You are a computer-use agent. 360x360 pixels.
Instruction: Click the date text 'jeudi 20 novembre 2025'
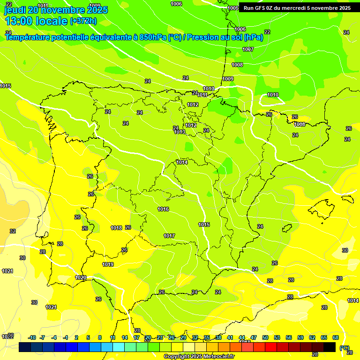coord(56,10)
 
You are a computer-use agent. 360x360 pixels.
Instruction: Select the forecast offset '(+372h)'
coord(83,21)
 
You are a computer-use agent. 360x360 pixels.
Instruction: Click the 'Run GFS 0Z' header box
coord(297,8)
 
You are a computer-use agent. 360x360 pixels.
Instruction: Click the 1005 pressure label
coord(233,8)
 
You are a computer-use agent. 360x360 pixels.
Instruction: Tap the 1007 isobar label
coord(248,49)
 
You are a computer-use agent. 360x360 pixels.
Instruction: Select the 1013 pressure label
coord(180,132)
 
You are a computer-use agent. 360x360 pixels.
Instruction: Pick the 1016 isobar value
coord(163,209)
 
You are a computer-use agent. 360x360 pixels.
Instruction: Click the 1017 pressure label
coord(169,236)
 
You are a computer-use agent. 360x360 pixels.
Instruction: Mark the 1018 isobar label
coord(116,228)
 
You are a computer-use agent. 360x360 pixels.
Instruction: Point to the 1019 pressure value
coord(108,264)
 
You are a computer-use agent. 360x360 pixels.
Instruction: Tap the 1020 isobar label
coord(81,277)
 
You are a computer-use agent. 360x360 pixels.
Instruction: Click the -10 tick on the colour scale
coord(32,337)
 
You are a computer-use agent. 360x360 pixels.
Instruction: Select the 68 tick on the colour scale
coord(336,337)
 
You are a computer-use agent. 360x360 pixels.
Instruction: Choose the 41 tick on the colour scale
coord(230,337)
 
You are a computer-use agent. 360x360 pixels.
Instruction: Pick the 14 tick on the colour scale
coord(125,337)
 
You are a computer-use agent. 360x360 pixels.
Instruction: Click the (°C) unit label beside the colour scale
coord(345,347)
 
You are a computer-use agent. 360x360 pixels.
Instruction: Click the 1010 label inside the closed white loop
coord(273,95)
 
